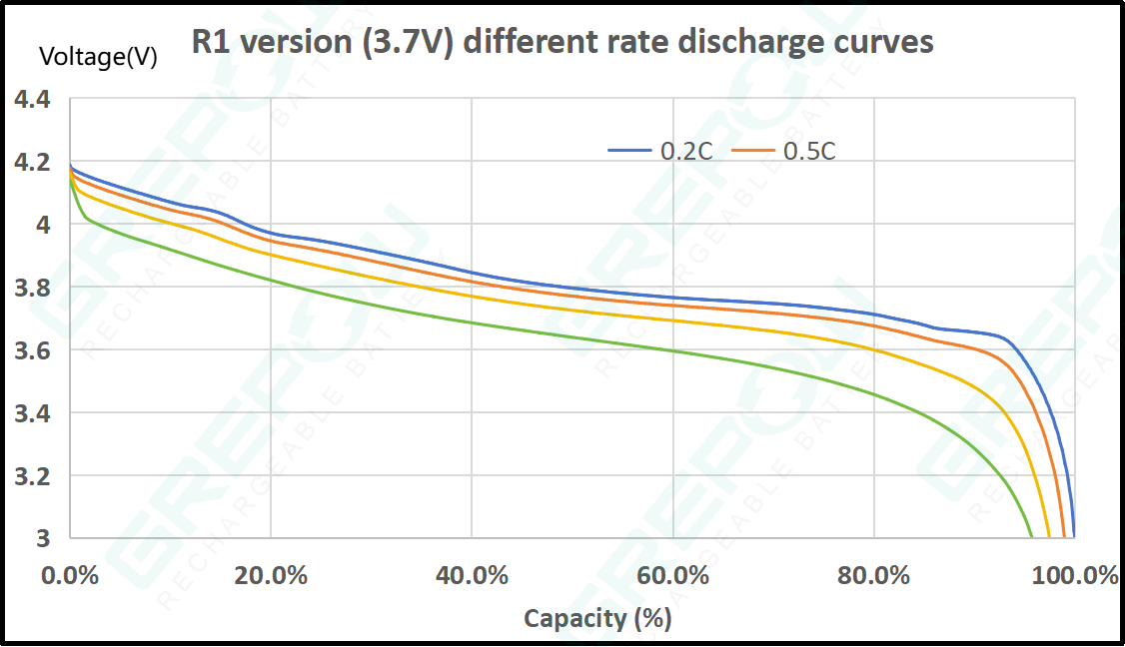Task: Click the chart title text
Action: point(562,42)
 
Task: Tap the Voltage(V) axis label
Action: point(98,57)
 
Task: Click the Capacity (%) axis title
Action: point(597,618)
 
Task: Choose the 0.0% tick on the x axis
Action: point(70,576)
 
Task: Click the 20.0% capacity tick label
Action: point(271,576)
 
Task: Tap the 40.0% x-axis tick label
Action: point(472,576)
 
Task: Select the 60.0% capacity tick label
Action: point(673,576)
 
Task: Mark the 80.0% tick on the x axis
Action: point(874,576)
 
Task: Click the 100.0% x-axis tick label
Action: point(1074,576)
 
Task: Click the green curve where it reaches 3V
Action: point(1031,536)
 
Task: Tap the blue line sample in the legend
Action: point(630,151)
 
